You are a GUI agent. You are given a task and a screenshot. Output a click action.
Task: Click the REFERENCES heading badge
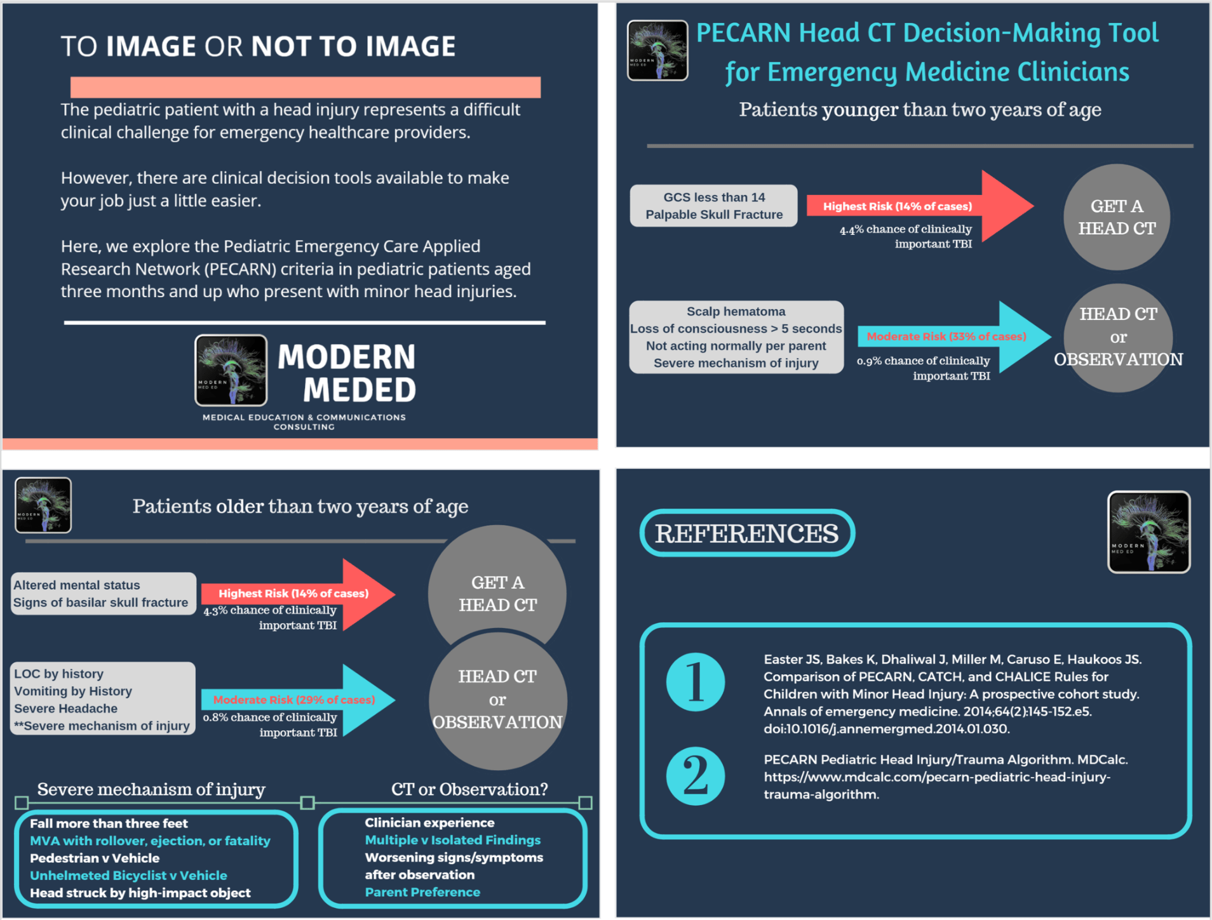pyautogui.click(x=746, y=533)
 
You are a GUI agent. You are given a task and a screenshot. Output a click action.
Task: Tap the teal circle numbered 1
pyautogui.click(x=695, y=682)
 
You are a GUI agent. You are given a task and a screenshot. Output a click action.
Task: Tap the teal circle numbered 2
pyautogui.click(x=695, y=775)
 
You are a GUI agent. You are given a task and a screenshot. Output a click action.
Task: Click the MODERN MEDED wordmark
pyautogui.click(x=347, y=373)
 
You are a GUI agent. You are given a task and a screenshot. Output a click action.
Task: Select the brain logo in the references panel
pyautogui.click(x=1148, y=532)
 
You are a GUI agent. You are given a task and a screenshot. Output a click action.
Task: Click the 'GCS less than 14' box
pyautogui.click(x=713, y=206)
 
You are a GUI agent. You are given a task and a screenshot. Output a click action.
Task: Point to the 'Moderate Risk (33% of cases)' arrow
pyautogui.click(x=953, y=337)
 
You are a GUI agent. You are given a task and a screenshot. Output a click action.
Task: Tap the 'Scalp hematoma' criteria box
pyautogui.click(x=736, y=337)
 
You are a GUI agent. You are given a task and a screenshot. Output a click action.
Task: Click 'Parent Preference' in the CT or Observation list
pyautogui.click(x=422, y=892)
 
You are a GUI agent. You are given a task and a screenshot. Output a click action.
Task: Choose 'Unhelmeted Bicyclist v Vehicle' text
pyautogui.click(x=128, y=876)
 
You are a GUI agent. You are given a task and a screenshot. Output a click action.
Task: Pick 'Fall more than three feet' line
pyautogui.click(x=109, y=823)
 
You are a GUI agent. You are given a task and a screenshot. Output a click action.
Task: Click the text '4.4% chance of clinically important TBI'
pyautogui.click(x=906, y=236)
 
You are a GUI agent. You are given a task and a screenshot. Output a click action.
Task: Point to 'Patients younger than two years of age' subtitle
pyautogui.click(x=920, y=110)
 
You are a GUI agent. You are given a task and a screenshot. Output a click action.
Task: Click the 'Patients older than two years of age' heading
pyautogui.click(x=300, y=507)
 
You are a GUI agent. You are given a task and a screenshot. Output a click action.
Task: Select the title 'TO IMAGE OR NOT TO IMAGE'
pyautogui.click(x=258, y=46)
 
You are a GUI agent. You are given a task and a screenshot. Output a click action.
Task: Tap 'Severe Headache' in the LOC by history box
pyautogui.click(x=66, y=709)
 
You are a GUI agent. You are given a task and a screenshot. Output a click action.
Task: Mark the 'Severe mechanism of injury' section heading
pyautogui.click(x=151, y=789)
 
